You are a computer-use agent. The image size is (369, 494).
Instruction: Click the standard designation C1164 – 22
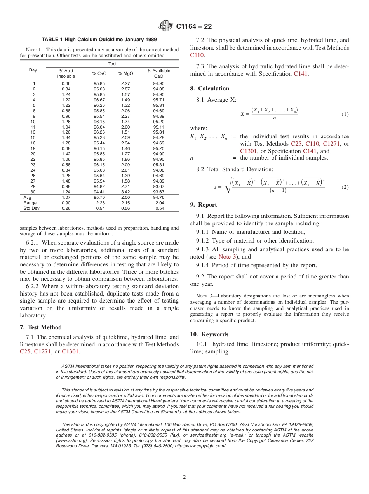click(x=194, y=27)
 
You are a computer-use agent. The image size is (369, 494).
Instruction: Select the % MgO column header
click(x=125, y=73)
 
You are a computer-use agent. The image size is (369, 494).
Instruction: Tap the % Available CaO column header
click(x=158, y=73)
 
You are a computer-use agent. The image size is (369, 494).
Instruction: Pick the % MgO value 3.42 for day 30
click(x=125, y=192)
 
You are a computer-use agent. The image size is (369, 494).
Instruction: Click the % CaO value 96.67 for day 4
click(x=99, y=100)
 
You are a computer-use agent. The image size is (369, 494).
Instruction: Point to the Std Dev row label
click(x=31, y=208)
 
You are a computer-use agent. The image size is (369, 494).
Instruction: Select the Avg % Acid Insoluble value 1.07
click(x=66, y=197)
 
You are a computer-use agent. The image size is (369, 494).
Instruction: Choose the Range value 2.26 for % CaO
click(x=100, y=203)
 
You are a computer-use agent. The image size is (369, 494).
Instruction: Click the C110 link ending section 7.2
click(x=197, y=55)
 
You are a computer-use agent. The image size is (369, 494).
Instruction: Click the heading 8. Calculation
click(x=210, y=89)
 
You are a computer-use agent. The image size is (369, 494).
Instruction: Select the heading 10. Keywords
click(x=209, y=334)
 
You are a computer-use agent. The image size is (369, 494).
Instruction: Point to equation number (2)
click(x=345, y=187)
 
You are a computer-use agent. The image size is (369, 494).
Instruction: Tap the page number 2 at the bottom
click(x=184, y=477)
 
